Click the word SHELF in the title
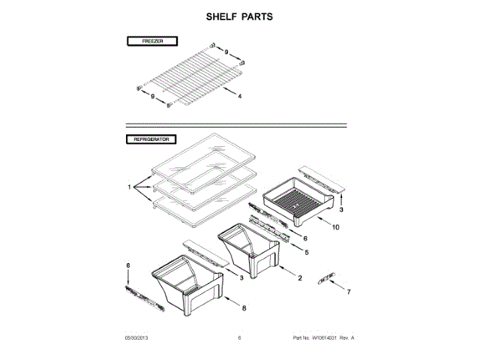(x=220, y=16)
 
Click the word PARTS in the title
(x=256, y=16)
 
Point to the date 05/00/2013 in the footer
(x=138, y=338)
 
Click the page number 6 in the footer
(x=239, y=338)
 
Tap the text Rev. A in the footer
(x=346, y=338)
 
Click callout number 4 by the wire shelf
(x=239, y=97)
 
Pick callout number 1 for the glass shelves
(x=129, y=186)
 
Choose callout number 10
(x=335, y=226)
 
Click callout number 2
(x=300, y=278)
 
